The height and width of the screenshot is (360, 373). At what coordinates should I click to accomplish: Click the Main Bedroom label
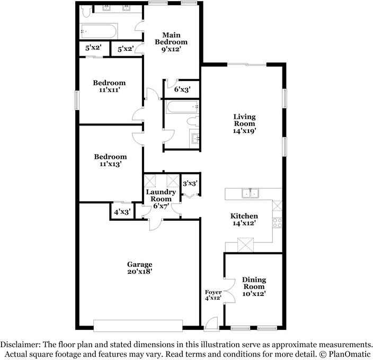click(x=171, y=38)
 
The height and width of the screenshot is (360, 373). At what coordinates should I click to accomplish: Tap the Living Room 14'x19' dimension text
click(x=245, y=131)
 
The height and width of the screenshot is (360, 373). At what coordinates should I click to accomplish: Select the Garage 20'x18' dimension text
click(x=139, y=272)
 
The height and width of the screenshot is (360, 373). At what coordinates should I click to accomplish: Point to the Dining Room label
click(x=254, y=283)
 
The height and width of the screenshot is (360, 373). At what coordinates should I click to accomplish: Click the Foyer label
click(x=212, y=292)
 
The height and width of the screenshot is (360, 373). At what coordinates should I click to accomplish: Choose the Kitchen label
click(x=244, y=216)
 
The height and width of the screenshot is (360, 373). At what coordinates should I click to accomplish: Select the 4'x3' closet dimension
click(x=122, y=212)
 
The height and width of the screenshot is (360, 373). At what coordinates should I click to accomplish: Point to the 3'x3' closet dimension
click(x=190, y=184)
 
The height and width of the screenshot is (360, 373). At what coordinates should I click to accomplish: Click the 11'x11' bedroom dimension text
click(x=109, y=91)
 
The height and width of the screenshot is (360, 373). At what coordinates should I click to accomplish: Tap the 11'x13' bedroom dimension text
click(x=110, y=165)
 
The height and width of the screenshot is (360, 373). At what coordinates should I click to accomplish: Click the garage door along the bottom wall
click(x=139, y=324)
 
